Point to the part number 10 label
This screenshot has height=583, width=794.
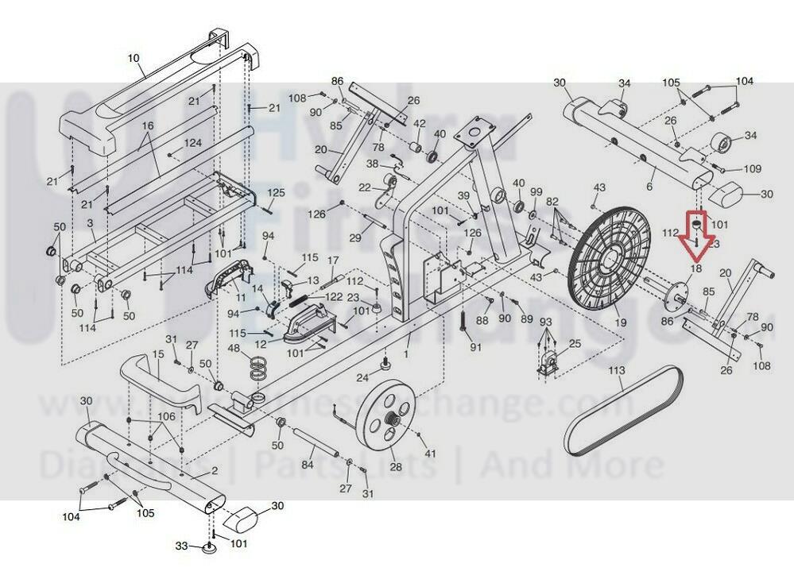(x=133, y=58)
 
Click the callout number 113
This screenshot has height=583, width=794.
(x=617, y=371)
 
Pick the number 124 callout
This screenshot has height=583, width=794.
(x=193, y=143)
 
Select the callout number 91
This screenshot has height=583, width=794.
(x=476, y=347)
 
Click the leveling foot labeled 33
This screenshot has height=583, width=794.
(x=211, y=548)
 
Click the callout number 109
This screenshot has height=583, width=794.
(x=751, y=169)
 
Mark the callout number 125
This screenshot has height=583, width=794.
(x=275, y=193)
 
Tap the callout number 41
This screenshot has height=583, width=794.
(x=430, y=454)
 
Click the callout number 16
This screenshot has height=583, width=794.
(x=147, y=125)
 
